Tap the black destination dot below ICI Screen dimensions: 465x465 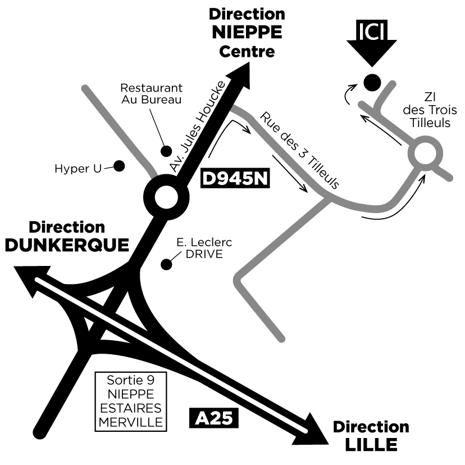pyautogui.click(x=371, y=83)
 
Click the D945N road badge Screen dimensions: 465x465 pyautogui.click(x=236, y=179)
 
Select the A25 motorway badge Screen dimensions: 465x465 pyautogui.click(x=214, y=419)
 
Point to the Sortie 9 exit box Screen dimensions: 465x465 pyautogui.click(x=130, y=401)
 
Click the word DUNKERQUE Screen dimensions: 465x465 pyautogui.click(x=67, y=245)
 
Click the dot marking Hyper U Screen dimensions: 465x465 pyautogui.click(x=119, y=166)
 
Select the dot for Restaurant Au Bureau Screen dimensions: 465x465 pyautogui.click(x=166, y=151)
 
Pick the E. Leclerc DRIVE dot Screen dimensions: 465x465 pyautogui.click(x=166, y=264)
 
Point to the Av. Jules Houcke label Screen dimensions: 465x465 pyautogui.click(x=198, y=127)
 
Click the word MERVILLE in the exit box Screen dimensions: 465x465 pyautogui.click(x=130, y=422)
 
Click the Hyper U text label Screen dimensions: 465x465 pyautogui.click(x=78, y=168)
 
